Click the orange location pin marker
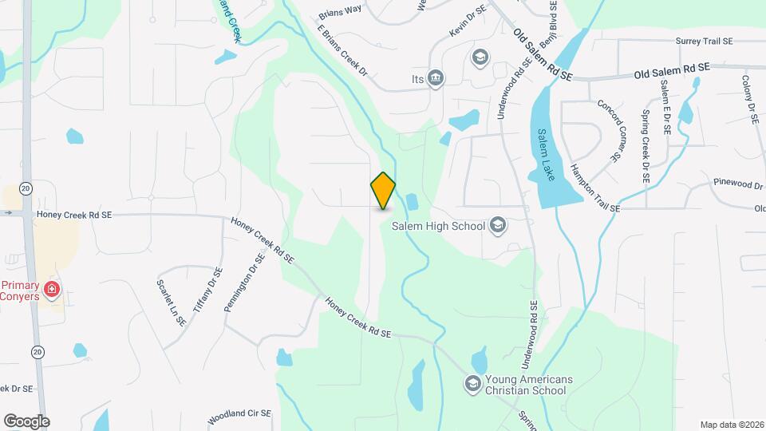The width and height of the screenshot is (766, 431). click(384, 191)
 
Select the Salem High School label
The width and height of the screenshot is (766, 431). click(438, 226)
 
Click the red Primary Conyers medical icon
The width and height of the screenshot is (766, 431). click(53, 287)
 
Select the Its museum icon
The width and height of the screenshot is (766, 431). click(436, 77)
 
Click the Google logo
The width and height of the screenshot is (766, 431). click(26, 421)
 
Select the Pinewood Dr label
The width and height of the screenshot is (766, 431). click(738, 184)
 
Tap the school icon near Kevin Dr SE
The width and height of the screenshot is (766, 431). click(480, 57)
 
